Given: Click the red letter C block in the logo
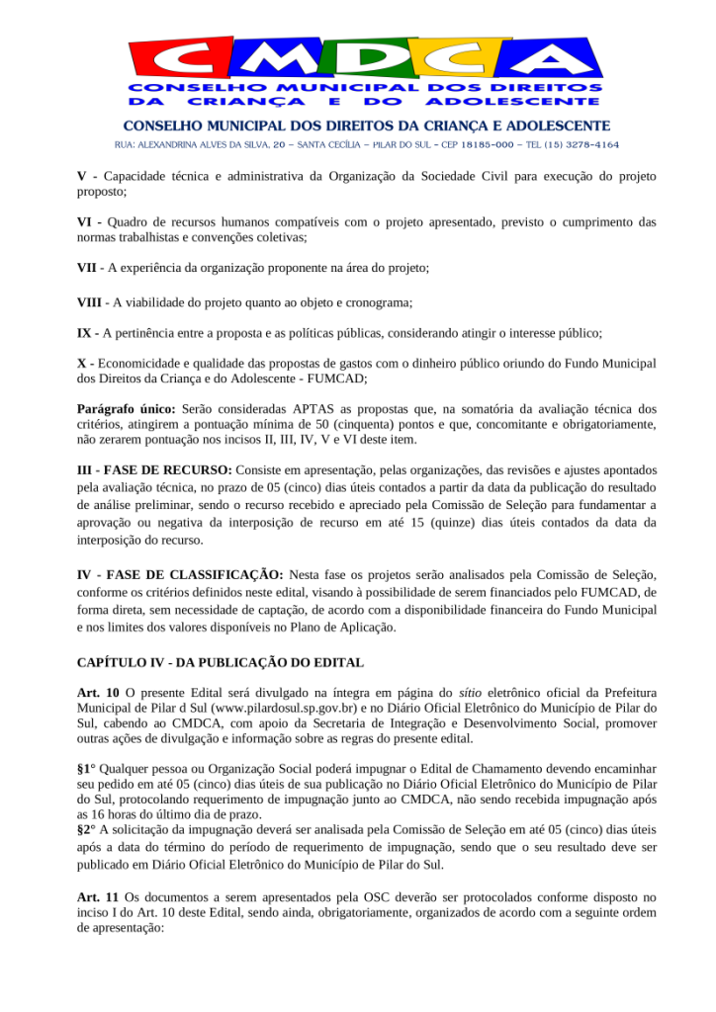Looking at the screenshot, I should (x=173, y=60).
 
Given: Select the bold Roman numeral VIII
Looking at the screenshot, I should (x=89, y=301).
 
